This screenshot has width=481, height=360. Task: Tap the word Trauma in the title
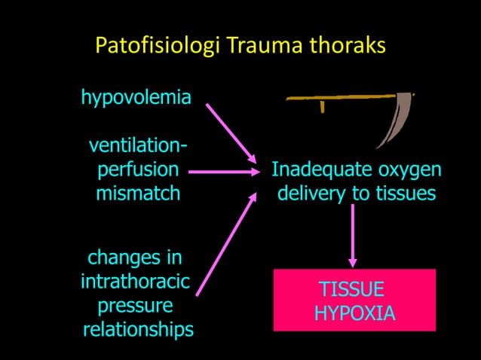tap(265, 47)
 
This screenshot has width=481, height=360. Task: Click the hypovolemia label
tap(136, 98)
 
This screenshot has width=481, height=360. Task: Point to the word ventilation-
tap(139, 145)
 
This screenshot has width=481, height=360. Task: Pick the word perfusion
tap(139, 169)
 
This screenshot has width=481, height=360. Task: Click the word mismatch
tap(138, 194)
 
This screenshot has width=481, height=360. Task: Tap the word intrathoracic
tap(135, 282)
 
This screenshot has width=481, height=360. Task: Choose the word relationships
tap(138, 330)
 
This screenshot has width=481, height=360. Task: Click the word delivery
tap(311, 194)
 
